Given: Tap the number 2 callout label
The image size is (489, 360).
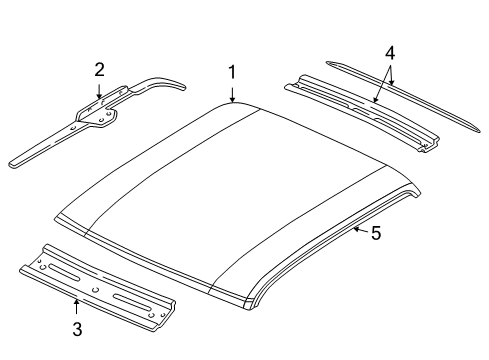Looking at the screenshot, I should (x=99, y=69).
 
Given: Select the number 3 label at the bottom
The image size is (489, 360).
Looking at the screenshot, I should (x=76, y=327).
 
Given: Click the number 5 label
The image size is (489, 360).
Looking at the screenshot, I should (x=376, y=233).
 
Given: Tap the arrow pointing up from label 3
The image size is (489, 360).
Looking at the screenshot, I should (x=76, y=305).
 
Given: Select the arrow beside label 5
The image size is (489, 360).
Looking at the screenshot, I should (x=358, y=231).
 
